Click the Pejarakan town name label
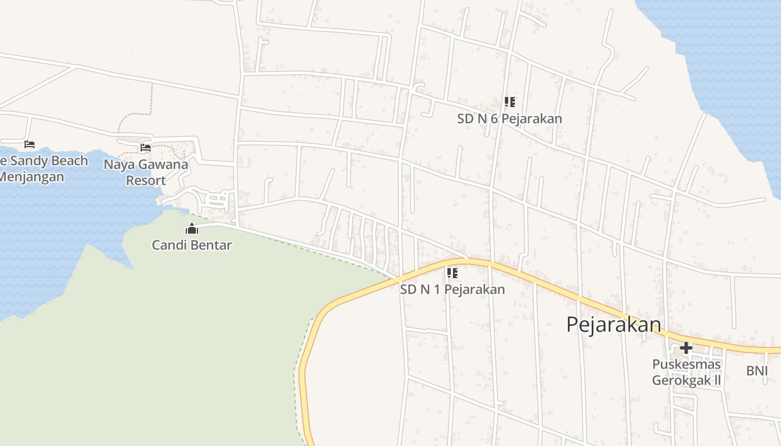click(x=614, y=324)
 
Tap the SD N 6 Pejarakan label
click(x=509, y=119)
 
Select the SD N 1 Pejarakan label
click(x=452, y=289)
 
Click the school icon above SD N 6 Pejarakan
click(x=509, y=102)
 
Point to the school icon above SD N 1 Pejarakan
click(x=452, y=273)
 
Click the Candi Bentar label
click(x=192, y=245)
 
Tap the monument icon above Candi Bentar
click(x=192, y=229)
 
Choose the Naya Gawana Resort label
click(x=146, y=172)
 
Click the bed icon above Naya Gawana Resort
click(x=146, y=148)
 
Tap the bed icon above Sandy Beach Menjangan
click(x=30, y=144)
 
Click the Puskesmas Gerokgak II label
click(x=686, y=372)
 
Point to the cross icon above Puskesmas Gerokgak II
click(x=686, y=348)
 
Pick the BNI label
click(x=756, y=371)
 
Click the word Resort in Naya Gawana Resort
click(x=146, y=181)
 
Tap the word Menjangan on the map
click(x=31, y=177)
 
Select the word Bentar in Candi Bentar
click(x=210, y=245)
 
